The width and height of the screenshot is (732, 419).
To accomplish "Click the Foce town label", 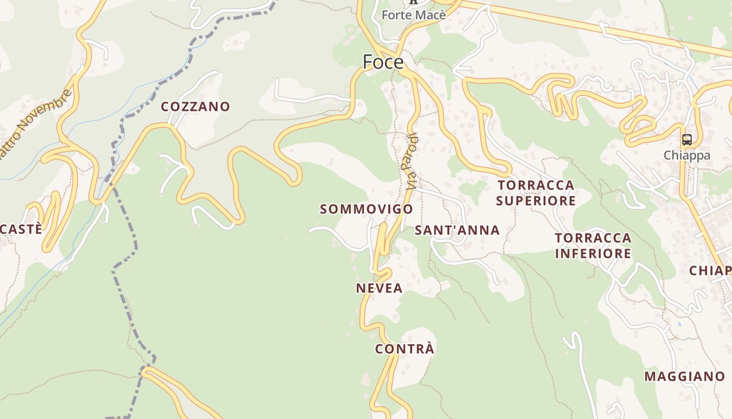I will (383, 62).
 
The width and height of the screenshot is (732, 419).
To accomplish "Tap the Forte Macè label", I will (414, 15).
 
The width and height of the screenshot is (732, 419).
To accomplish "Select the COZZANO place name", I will (196, 106).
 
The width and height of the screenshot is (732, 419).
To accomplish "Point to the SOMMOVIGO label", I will (367, 209).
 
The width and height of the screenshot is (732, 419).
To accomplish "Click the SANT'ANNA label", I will (457, 230).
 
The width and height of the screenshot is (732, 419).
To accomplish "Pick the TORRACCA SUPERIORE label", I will (536, 193).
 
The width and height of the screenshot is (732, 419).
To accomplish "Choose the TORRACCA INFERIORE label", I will (593, 246).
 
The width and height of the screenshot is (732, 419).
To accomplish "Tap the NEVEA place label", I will (379, 288).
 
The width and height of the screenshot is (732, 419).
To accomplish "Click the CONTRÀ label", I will (405, 349).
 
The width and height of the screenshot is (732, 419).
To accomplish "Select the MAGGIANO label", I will (684, 376).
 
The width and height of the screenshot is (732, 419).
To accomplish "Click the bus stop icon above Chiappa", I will (687, 140).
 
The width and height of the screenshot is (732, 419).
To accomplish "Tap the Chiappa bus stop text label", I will (687, 155).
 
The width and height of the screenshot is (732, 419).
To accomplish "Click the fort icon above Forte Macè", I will (414, 2).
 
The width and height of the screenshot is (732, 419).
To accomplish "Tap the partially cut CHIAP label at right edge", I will (710, 270).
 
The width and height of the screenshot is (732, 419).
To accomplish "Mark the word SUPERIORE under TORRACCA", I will (536, 201).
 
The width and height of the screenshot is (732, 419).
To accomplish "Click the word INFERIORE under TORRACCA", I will (593, 253).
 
